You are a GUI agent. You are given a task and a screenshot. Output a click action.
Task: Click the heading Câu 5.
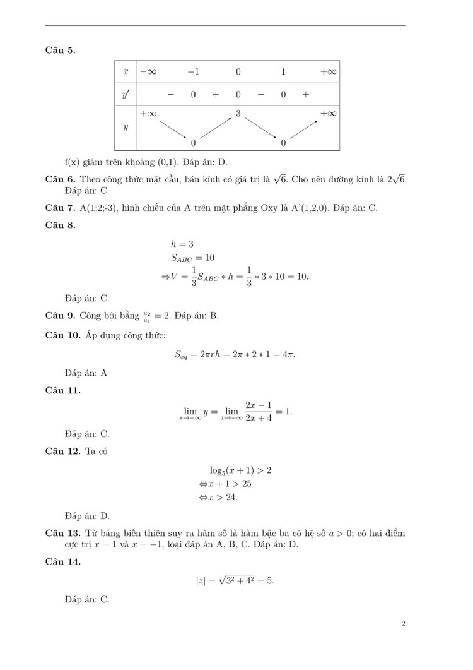click(61, 50)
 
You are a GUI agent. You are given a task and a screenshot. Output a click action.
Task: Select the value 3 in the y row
click(238, 113)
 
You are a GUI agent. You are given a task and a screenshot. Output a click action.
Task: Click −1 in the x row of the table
click(194, 72)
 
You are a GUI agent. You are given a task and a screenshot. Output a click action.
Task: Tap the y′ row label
click(126, 94)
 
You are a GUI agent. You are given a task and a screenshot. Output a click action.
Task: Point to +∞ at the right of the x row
click(328, 72)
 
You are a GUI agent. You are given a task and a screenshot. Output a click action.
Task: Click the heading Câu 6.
click(61, 180)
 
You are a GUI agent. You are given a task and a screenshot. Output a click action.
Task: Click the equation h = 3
click(182, 244)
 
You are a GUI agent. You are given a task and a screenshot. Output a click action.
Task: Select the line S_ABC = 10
click(192, 258)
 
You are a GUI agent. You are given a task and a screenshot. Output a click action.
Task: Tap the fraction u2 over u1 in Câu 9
click(147, 316)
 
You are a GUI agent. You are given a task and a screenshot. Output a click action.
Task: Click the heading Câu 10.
click(63, 335)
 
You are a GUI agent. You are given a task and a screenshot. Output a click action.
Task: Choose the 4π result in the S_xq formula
click(288, 354)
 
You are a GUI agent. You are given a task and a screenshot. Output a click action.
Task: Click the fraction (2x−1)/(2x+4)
click(259, 412)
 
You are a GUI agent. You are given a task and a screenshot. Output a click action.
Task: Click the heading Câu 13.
click(63, 534)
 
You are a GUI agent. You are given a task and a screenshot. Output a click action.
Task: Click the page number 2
click(402, 625)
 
